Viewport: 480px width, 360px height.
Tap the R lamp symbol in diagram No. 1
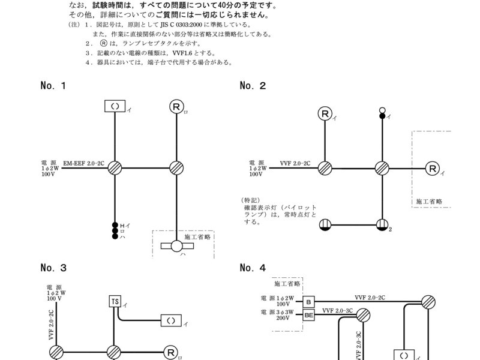176,107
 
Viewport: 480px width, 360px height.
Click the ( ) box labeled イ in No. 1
115,107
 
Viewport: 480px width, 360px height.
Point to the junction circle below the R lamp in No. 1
176,168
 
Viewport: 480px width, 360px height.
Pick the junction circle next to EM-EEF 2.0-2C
115,168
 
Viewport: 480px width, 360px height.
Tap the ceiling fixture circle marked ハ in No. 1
176,245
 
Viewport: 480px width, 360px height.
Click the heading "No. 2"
253,86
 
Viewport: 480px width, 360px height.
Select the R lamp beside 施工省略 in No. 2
433,169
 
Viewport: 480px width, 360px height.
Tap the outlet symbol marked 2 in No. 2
381,225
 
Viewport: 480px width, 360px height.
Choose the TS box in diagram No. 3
115,301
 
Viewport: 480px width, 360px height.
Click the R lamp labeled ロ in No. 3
171,353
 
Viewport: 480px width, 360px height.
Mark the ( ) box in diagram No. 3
171,320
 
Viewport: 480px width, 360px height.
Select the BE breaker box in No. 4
309,314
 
